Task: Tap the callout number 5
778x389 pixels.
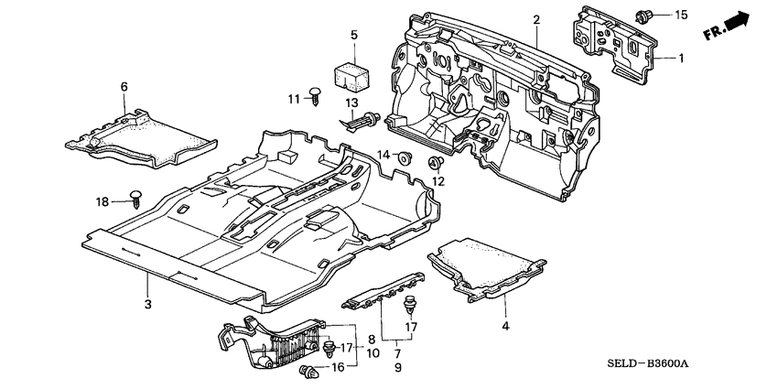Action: [x=353, y=35]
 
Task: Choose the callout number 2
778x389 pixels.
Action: [x=536, y=19]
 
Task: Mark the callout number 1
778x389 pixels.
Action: [x=681, y=58]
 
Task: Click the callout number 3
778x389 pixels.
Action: [x=146, y=303]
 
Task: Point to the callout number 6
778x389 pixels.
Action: [x=124, y=86]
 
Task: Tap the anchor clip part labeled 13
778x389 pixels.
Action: [x=363, y=121]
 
